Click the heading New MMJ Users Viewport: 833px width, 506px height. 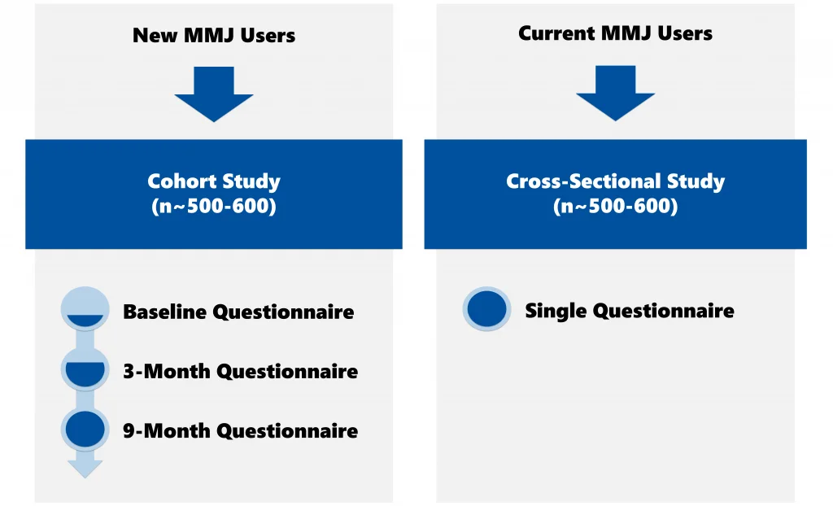(214, 35)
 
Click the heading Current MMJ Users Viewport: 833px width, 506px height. (615, 33)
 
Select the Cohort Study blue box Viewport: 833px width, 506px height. (214, 194)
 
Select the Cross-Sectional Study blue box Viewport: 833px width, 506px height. (615, 194)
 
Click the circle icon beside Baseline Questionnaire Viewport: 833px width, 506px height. (85, 310)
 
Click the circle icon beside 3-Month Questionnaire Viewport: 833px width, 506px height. (85, 369)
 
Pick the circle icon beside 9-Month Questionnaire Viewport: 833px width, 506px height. (85, 429)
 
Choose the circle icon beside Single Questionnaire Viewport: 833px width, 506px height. (486, 310)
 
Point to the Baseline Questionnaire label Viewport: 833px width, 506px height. (238, 312)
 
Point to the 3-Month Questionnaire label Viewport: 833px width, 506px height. (240, 371)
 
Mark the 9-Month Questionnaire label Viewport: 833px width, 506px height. (240, 430)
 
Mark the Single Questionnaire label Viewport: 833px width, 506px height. (629, 310)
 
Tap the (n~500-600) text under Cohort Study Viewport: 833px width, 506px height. (214, 207)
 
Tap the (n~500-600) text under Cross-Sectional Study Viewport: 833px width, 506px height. (615, 207)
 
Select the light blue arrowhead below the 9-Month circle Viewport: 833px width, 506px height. (85, 468)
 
